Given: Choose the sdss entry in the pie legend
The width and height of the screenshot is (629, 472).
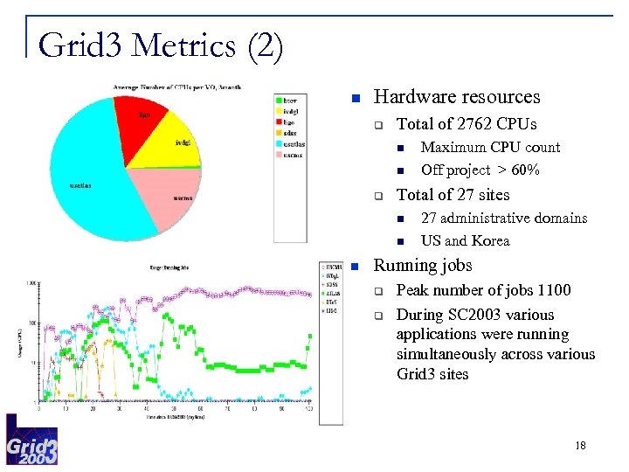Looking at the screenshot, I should click(x=291, y=134).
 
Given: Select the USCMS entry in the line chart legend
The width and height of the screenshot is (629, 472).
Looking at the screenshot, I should click(x=334, y=266).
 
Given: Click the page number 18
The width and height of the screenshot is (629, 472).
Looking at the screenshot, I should click(x=582, y=447).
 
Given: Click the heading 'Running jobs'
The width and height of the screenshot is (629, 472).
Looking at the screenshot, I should click(x=423, y=265).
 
